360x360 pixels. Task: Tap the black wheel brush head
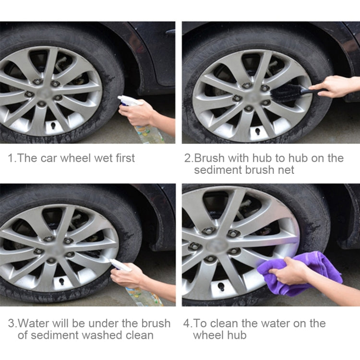[288, 91]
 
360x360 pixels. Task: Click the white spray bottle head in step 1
[128, 101]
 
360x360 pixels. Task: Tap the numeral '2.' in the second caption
[188, 158]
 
